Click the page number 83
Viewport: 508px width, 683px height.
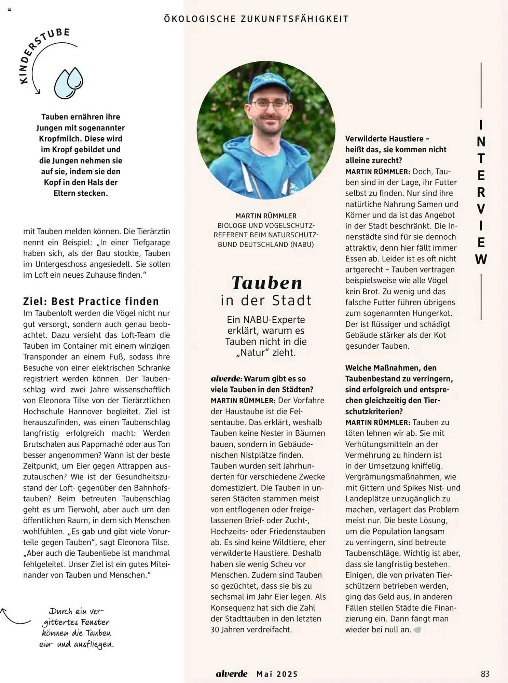pyautogui.click(x=485, y=673)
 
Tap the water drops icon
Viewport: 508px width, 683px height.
pyautogui.click(x=69, y=83)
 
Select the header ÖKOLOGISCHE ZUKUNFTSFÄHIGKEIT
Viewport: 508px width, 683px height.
pyautogui.click(x=256, y=19)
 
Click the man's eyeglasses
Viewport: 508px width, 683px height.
pyautogui.click(x=269, y=104)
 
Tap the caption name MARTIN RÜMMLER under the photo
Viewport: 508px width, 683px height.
pyautogui.click(x=266, y=216)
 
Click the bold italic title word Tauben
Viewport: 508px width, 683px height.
pyautogui.click(x=267, y=283)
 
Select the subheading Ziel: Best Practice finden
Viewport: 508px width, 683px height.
pyautogui.click(x=91, y=301)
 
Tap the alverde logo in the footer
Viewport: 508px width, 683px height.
pyautogui.click(x=232, y=674)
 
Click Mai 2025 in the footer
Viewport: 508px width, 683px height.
pyautogui.click(x=277, y=674)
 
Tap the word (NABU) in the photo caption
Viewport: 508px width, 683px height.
pyautogui.click(x=302, y=245)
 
